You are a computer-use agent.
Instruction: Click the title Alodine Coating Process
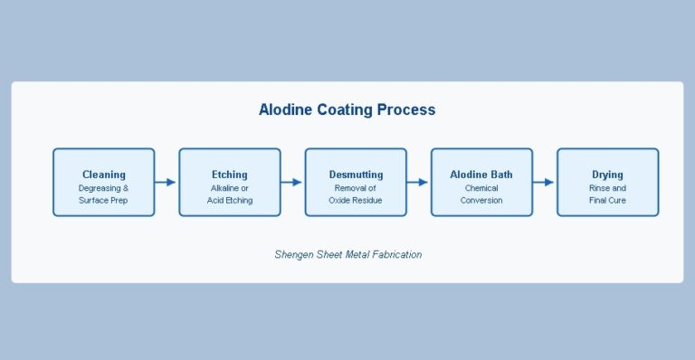[x=347, y=110]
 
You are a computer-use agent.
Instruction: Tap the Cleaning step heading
[x=104, y=175]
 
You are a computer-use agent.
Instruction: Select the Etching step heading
[x=230, y=175]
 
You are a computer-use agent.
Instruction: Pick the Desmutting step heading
[x=356, y=175]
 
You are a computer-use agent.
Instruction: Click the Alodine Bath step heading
[x=481, y=175]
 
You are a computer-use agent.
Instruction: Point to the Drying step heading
[x=607, y=175]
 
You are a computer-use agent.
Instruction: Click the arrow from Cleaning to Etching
[x=167, y=183]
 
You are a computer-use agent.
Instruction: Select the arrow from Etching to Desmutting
[x=292, y=183]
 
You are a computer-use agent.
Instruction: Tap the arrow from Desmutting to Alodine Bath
[x=418, y=183]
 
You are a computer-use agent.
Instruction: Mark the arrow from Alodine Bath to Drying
[x=544, y=183]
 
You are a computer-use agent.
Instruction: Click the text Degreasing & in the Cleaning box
[x=104, y=188]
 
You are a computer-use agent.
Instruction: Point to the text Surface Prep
[x=104, y=200]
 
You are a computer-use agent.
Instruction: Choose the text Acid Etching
[x=230, y=200]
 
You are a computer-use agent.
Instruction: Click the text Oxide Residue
[x=356, y=200]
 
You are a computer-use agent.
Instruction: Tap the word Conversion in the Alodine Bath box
[x=481, y=200]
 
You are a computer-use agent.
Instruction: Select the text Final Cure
[x=607, y=200]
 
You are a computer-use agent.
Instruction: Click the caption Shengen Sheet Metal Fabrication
[x=347, y=255]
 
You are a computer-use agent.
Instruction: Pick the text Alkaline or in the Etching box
[x=230, y=188]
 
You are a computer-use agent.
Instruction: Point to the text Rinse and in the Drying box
[x=607, y=188]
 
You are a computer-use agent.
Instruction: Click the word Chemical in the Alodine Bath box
[x=481, y=188]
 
